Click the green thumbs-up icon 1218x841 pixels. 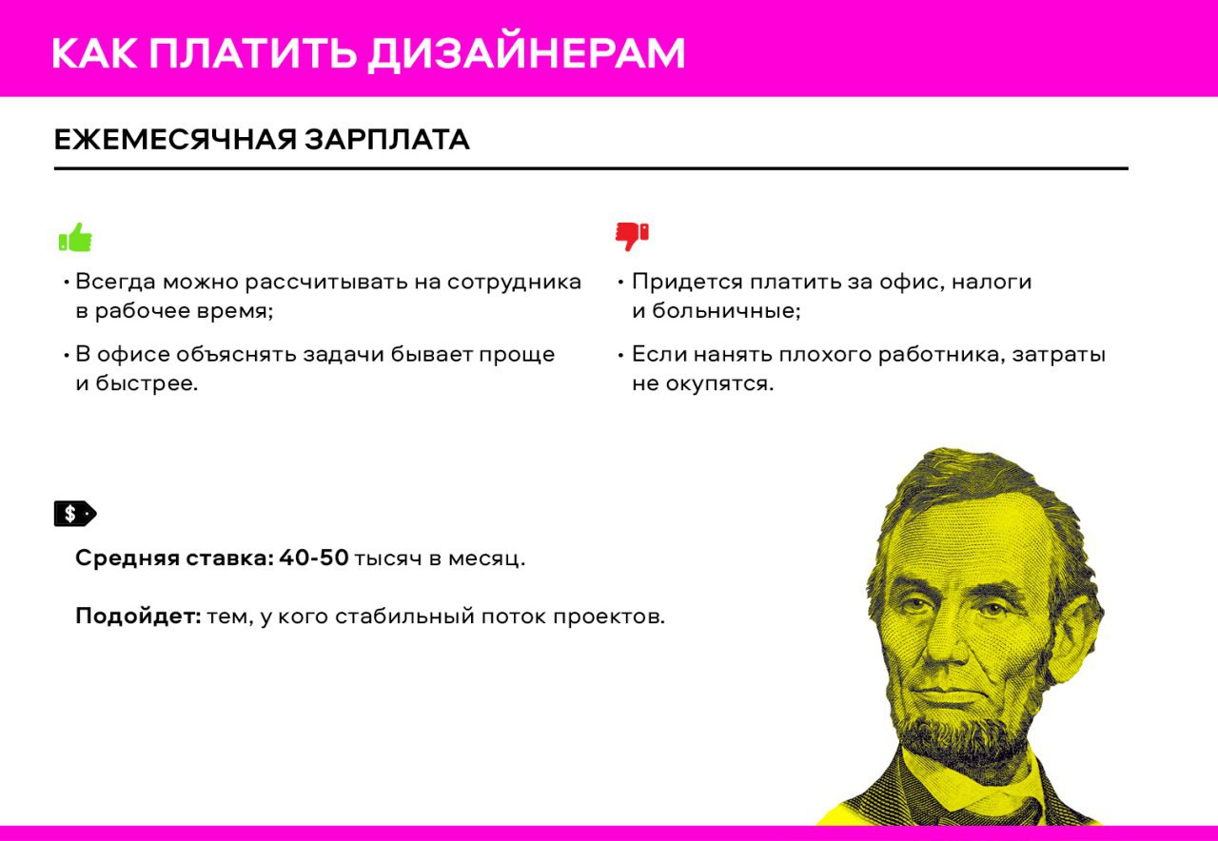click(75, 237)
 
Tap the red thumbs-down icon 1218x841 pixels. click(632, 237)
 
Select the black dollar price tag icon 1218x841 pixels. click(75, 514)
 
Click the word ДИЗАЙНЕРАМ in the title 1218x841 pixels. click(526, 54)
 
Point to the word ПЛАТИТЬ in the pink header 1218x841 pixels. click(253, 53)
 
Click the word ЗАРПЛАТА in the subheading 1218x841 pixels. click(386, 140)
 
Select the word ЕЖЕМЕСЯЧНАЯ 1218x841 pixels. click(175, 140)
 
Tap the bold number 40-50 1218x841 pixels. click(314, 557)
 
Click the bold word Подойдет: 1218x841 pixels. click(138, 616)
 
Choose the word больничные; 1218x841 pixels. click(726, 310)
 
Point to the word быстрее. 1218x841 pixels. click(147, 383)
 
